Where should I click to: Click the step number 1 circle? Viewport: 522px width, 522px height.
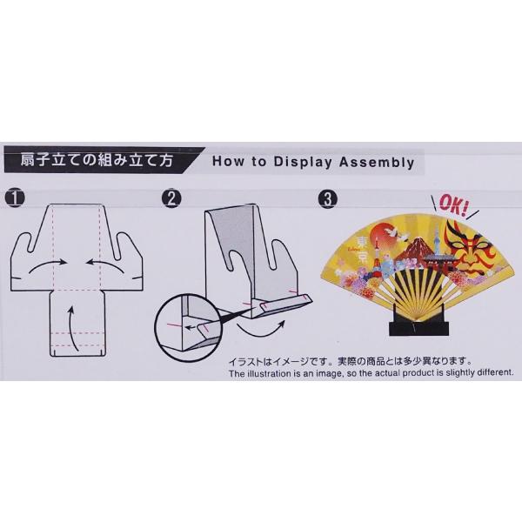[x=15, y=197]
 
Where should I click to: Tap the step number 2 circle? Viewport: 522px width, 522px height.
[x=171, y=198]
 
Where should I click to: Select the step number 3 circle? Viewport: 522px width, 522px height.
[x=328, y=199]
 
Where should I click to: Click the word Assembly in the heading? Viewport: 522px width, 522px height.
[x=377, y=162]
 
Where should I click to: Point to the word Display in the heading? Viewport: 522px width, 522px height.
[x=303, y=162]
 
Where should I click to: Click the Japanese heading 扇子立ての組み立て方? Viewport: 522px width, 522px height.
[x=97, y=160]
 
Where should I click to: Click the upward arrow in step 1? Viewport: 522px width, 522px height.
[x=72, y=329]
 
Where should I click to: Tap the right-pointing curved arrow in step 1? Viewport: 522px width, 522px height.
[x=48, y=265]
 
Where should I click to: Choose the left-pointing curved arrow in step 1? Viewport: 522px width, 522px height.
[x=105, y=265]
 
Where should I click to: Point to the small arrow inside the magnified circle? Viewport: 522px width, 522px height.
[x=191, y=327]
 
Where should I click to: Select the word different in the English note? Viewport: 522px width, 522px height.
[x=496, y=372]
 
